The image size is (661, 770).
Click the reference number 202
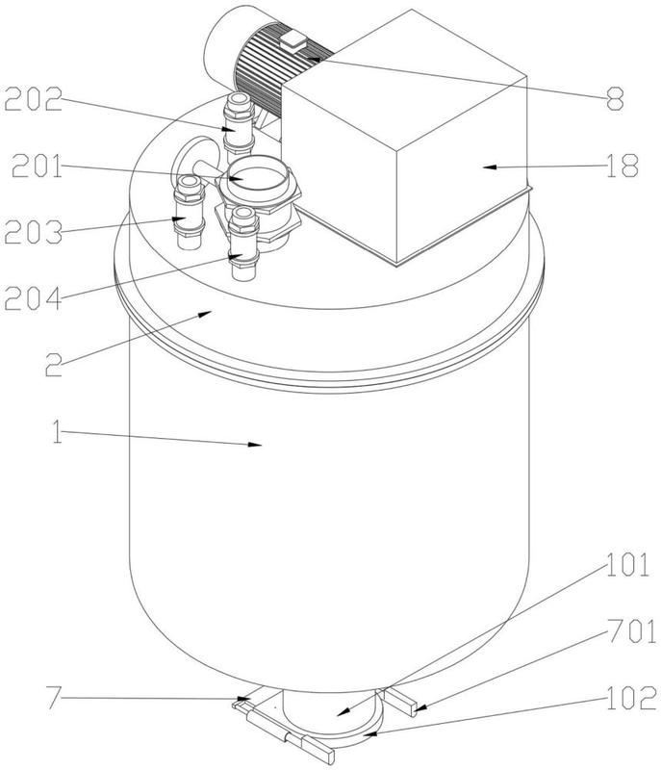[34, 100]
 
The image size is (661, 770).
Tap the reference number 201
[38, 166]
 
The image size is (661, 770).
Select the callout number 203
[34, 232]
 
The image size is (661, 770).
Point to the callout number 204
[33, 298]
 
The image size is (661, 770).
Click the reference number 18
[623, 166]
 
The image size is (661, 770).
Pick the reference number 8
[615, 99]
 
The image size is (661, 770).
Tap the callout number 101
[628, 565]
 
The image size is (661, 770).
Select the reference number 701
[631, 631]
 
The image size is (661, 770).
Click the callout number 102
[631, 698]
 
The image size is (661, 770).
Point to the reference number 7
[55, 698]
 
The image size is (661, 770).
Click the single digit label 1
[58, 431]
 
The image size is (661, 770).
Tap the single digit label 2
[54, 365]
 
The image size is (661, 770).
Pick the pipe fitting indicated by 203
[190, 212]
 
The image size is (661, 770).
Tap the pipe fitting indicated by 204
[243, 244]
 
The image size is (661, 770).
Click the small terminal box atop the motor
[293, 40]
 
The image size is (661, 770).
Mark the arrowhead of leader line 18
[489, 167]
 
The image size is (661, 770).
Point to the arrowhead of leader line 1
[255, 445]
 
